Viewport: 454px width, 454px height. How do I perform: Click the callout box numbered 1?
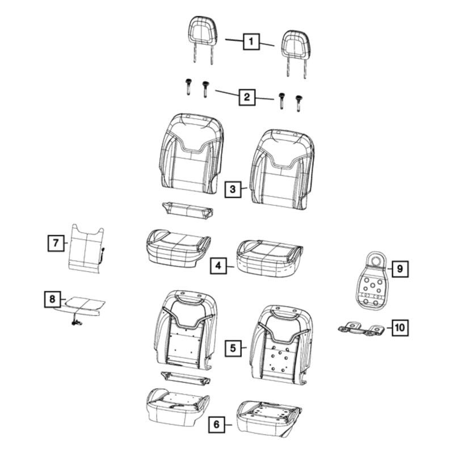251,41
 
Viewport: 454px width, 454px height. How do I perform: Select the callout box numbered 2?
247,97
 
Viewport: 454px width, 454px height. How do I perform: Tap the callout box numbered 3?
233,190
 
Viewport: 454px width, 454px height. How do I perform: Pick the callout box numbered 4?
218,266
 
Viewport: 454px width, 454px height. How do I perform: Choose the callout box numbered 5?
233,348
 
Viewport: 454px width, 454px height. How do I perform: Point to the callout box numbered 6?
217,424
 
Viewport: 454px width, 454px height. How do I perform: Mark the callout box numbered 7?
56,243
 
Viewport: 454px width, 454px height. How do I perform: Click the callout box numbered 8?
52,299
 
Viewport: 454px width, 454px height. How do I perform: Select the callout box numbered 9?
400,269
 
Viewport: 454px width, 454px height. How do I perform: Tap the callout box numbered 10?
400,328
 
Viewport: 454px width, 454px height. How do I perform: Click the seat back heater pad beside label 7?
86,249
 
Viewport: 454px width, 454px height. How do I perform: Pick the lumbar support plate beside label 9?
371,280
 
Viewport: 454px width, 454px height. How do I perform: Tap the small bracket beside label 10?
362,329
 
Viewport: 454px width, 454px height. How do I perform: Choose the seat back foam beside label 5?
281,344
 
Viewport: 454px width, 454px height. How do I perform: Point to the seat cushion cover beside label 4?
270,258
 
